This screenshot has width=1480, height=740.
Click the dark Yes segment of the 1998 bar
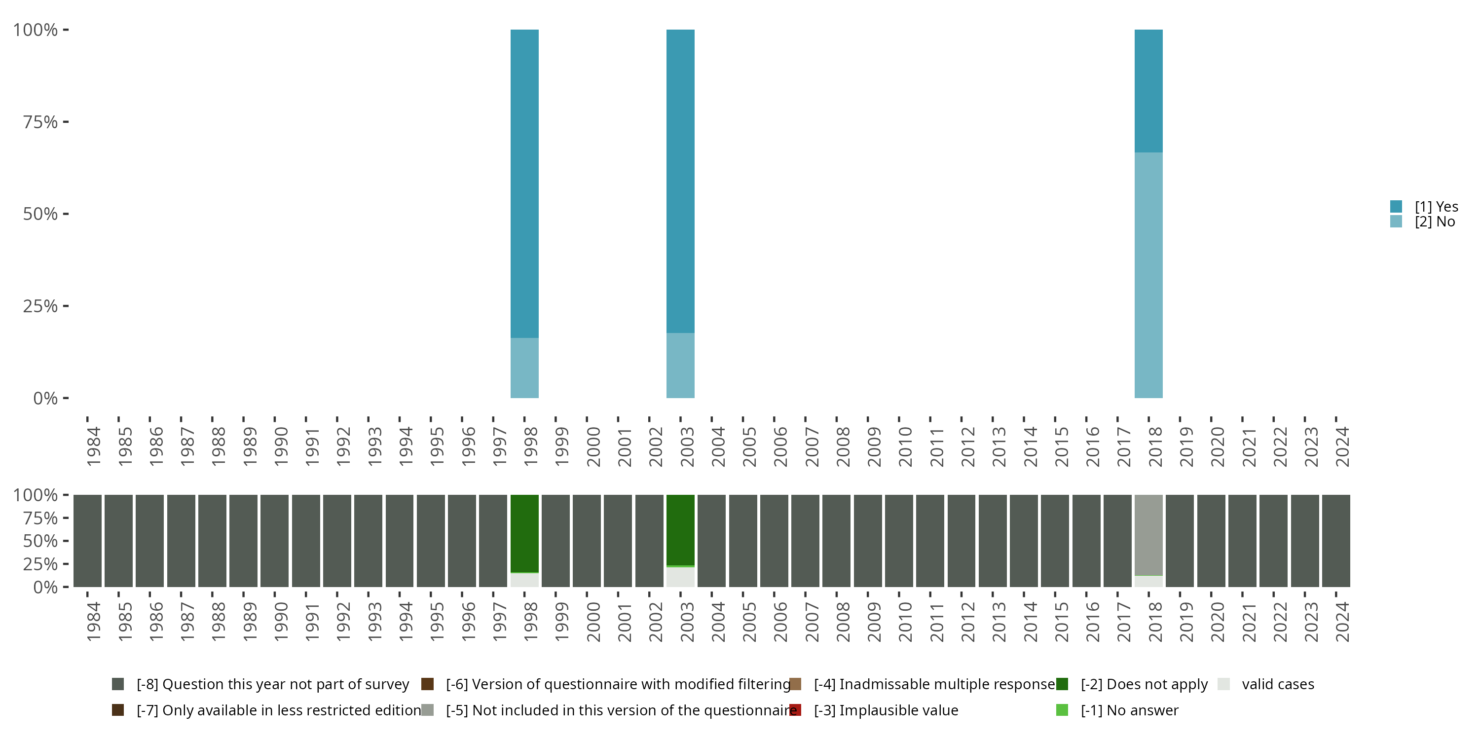click(x=524, y=184)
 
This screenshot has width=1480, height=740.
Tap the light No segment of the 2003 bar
click(x=680, y=366)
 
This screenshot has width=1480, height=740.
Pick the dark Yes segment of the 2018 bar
click(x=1148, y=91)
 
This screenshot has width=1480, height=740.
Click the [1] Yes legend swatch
click(x=1396, y=206)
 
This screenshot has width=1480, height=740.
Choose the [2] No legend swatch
click(x=1396, y=221)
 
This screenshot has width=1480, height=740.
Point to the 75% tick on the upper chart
click(x=66, y=122)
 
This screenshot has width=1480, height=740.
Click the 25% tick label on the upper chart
click(x=40, y=306)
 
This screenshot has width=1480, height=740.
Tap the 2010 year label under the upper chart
click(x=905, y=447)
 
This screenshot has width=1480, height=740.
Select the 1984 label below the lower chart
click(x=94, y=622)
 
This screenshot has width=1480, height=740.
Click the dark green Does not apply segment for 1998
click(x=524, y=533)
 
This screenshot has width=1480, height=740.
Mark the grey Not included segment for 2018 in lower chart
click(x=1148, y=535)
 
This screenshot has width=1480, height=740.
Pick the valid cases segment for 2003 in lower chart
click(x=680, y=577)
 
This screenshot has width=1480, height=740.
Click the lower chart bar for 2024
click(x=1336, y=541)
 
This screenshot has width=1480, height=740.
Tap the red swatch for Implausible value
click(x=796, y=710)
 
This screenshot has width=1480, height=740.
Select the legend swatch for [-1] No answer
click(x=1062, y=710)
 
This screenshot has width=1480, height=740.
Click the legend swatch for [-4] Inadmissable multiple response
click(x=796, y=684)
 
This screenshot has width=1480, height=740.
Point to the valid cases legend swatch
click(x=1224, y=684)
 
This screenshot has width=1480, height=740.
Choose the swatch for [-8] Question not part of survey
click(x=118, y=684)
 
